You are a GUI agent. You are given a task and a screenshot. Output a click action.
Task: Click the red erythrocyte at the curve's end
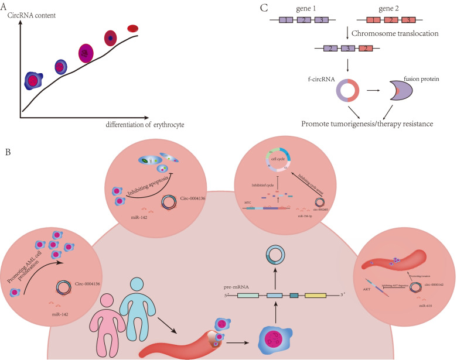133,28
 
